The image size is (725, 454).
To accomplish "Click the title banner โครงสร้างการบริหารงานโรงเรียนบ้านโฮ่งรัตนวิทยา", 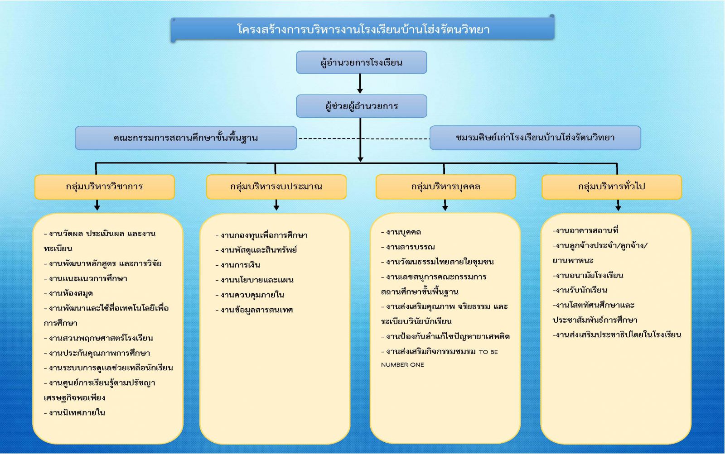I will [362, 29].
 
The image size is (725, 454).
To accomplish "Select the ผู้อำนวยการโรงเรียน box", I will [361, 62].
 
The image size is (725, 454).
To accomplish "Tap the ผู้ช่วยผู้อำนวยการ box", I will [361, 106].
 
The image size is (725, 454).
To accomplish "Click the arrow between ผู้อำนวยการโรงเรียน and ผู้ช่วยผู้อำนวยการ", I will [360, 84].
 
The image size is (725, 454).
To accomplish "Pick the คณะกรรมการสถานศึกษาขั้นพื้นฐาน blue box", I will [186, 138].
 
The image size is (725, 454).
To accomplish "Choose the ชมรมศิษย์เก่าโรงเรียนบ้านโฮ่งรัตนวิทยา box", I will [535, 138].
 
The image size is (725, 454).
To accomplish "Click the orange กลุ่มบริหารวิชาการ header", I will [104, 186].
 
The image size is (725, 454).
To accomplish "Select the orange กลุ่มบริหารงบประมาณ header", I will [276, 186].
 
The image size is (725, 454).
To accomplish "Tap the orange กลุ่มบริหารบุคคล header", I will [445, 186].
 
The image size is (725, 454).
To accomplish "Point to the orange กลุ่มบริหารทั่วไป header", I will [611, 186].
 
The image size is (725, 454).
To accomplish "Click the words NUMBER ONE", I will [402, 365].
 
